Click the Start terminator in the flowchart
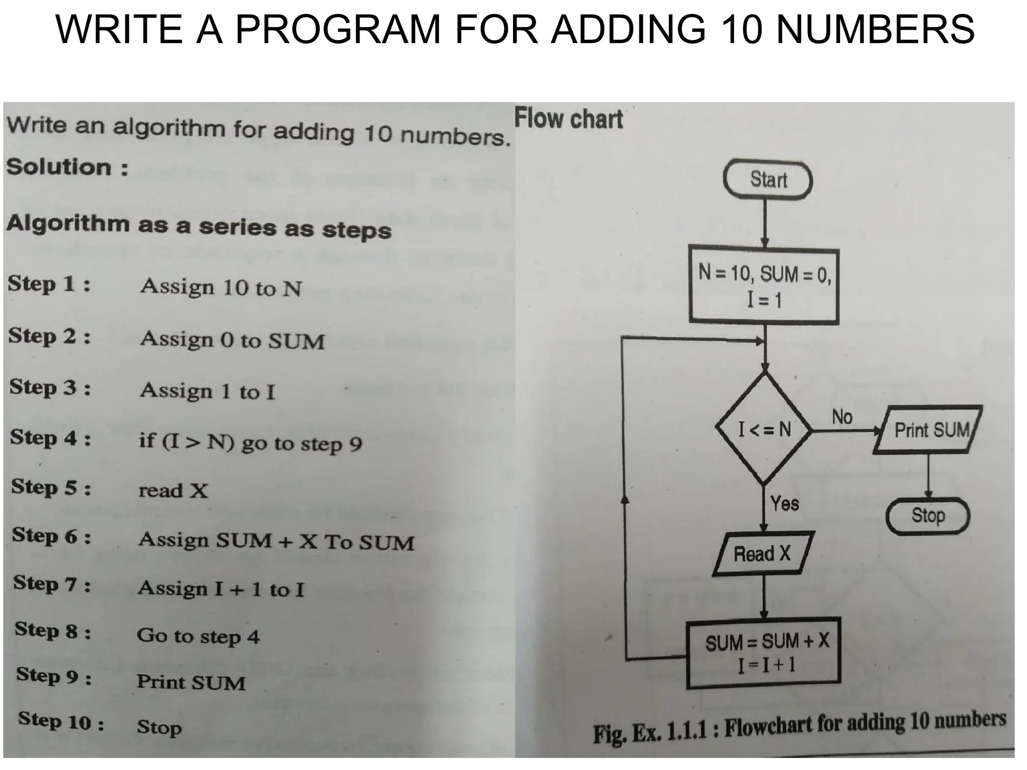point(767,179)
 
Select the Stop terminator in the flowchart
point(927,515)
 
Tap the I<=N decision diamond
point(764,429)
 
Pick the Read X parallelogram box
point(762,553)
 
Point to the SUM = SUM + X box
point(763,652)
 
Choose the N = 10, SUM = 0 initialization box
point(764,286)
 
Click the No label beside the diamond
point(842,417)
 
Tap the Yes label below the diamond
point(784,503)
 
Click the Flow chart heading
point(569,119)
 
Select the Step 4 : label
point(51,438)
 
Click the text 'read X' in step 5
point(173,490)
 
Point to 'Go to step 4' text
point(198,636)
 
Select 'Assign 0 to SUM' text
point(232,340)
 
